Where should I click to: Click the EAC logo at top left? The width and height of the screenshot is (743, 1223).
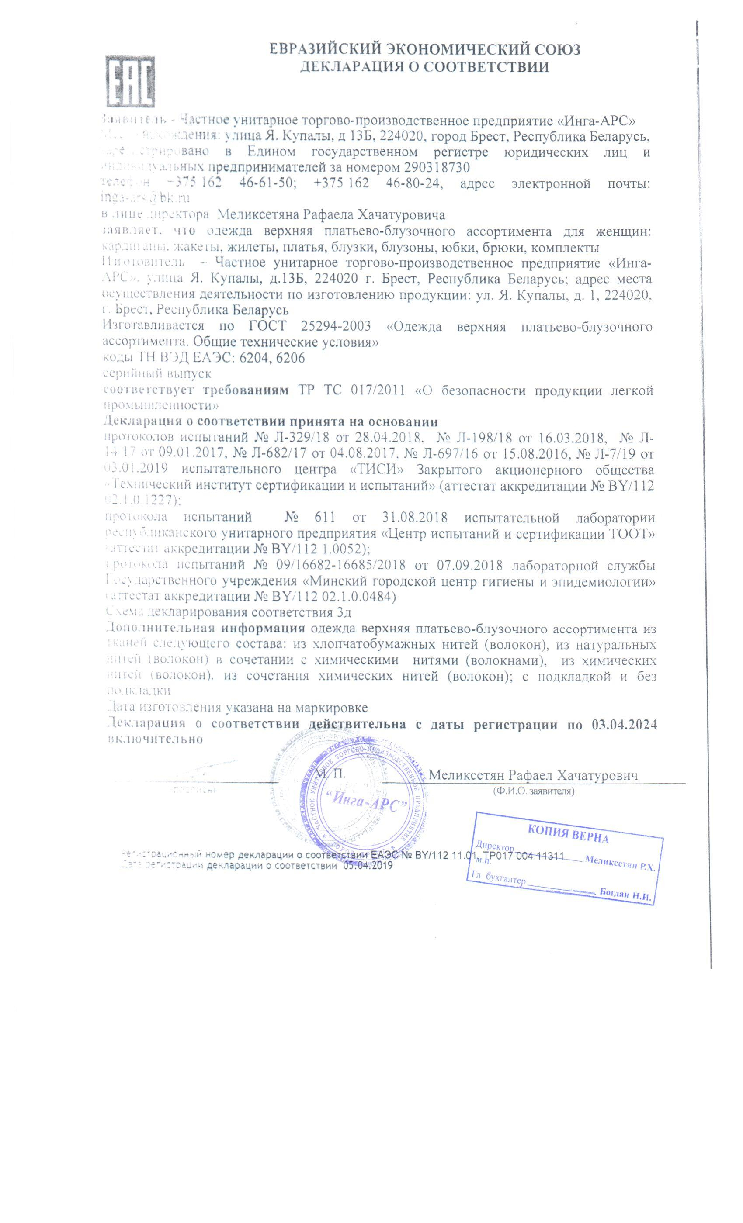pyautogui.click(x=131, y=82)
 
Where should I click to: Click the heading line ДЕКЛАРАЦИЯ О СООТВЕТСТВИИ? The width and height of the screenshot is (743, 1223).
pyautogui.click(x=424, y=67)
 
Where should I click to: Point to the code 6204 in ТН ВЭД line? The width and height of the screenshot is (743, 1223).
pyautogui.click(x=253, y=358)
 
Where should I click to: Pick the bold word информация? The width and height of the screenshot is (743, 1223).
pyautogui.click(x=263, y=629)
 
